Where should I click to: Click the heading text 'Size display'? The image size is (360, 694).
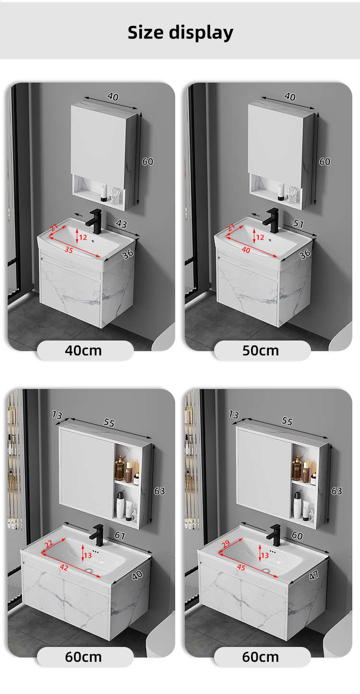coord(180,33)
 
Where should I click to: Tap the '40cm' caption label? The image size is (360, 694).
coord(83,351)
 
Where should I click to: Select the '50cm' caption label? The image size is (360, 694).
coord(260,351)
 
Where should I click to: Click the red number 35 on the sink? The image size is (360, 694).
coord(69,249)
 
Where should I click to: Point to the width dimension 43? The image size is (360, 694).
coord(121,224)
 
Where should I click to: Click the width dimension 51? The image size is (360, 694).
coord(299,223)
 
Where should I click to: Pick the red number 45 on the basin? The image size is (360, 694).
coord(241,567)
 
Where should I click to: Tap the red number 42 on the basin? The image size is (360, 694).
coord(64,567)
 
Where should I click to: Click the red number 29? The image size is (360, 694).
coord(226,543)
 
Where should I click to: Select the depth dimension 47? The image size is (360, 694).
coord(313,575)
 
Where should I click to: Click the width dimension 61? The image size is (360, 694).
coord(120,536)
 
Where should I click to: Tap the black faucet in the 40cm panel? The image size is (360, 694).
coord(95,221)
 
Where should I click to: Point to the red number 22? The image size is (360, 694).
coord(48,543)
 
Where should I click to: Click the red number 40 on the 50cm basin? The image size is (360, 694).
coord(246,249)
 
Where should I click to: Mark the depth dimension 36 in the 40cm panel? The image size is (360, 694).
coord(128,254)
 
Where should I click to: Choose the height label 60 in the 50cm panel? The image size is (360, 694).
coord(324,161)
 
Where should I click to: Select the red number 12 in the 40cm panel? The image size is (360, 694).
coord(83,237)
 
